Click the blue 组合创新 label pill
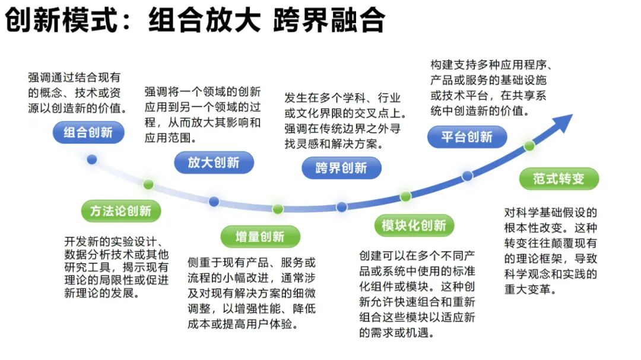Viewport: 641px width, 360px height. (88, 132)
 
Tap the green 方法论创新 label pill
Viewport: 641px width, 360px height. (120, 211)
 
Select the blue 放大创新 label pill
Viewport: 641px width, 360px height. (214, 163)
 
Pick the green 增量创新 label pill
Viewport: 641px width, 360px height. (260, 237)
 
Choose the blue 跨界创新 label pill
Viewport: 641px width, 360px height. (341, 168)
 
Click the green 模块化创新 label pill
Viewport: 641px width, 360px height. (414, 225)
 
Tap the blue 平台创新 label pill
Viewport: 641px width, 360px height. (467, 137)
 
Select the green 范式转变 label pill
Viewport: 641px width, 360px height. (559, 179)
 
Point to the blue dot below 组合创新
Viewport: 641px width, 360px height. (91, 159)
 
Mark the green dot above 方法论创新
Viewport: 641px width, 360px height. (148, 184)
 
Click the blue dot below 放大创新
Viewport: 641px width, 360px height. (214, 202)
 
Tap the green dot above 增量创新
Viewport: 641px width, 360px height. (278, 209)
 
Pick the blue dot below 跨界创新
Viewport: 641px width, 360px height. (341, 207)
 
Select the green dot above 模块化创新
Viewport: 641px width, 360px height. (405, 196)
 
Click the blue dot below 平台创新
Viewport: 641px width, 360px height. (467, 176)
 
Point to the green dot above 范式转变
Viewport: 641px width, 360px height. (529, 145)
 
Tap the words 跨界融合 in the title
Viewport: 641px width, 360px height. (329, 21)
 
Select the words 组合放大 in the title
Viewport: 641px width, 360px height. (204, 21)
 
